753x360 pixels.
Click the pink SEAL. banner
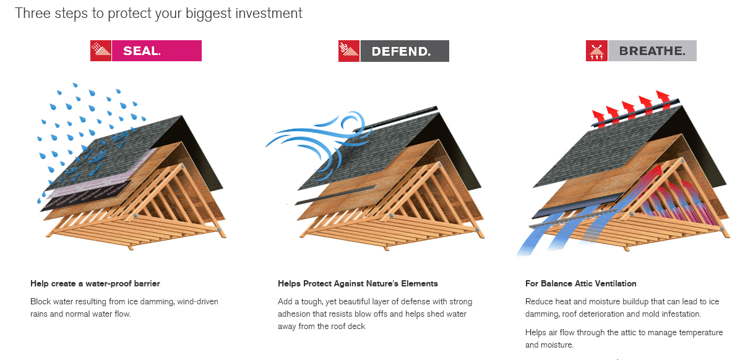pos(157,51)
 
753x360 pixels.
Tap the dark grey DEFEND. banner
pos(404,51)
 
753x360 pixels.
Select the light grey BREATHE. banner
pos(652,51)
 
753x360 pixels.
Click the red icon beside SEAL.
pos(101,51)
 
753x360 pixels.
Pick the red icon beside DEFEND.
pos(348,51)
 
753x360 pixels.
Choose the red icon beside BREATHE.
pos(596,51)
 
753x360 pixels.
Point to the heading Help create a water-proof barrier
pos(95,284)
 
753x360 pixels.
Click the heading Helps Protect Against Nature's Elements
pos(358,284)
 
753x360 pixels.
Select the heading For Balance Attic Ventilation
pos(580,284)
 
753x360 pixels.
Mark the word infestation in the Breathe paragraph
pos(679,314)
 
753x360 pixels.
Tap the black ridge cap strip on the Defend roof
pos(402,118)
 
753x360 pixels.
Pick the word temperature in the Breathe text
pos(700,333)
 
